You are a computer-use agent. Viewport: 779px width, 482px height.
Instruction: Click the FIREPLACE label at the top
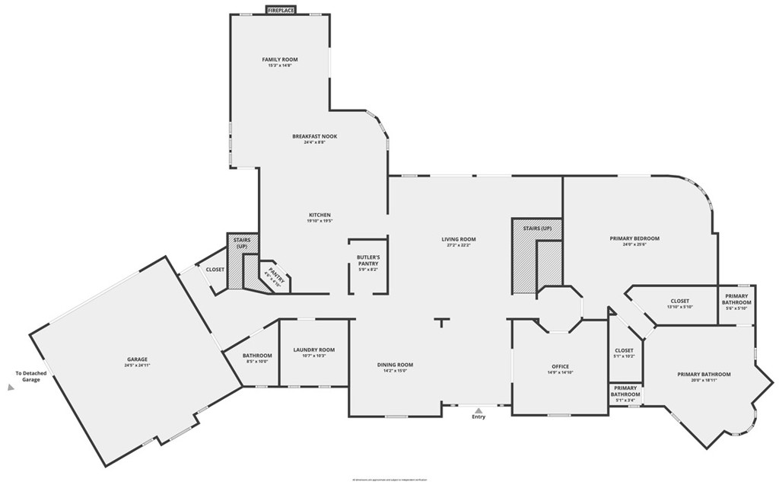pos(281,10)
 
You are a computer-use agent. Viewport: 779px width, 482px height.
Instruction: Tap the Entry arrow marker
pos(479,411)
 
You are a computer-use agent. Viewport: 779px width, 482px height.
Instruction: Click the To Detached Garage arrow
pos(11,387)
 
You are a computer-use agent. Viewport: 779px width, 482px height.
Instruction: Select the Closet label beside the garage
pos(215,270)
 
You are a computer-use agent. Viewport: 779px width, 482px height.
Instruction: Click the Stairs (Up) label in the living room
pos(537,228)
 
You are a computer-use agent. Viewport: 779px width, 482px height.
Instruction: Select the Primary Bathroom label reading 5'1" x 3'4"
pos(625,391)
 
